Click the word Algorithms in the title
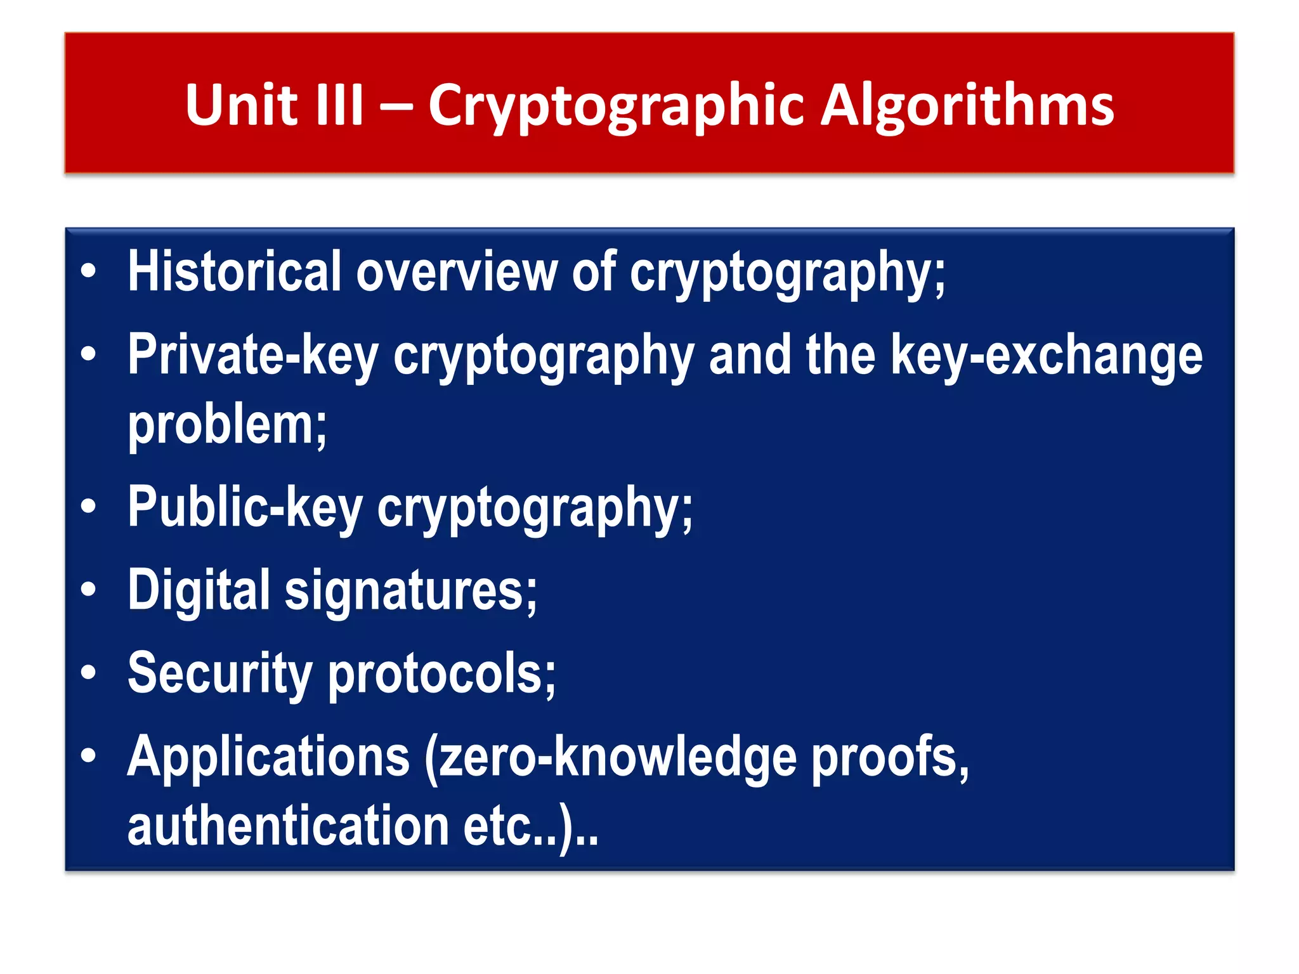click(967, 106)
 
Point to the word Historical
click(235, 271)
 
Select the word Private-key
click(253, 355)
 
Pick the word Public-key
click(245, 507)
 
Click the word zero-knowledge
click(611, 758)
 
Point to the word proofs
click(889, 758)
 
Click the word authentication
click(289, 826)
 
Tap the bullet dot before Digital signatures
click(88, 590)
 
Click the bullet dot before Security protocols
click(88, 673)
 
